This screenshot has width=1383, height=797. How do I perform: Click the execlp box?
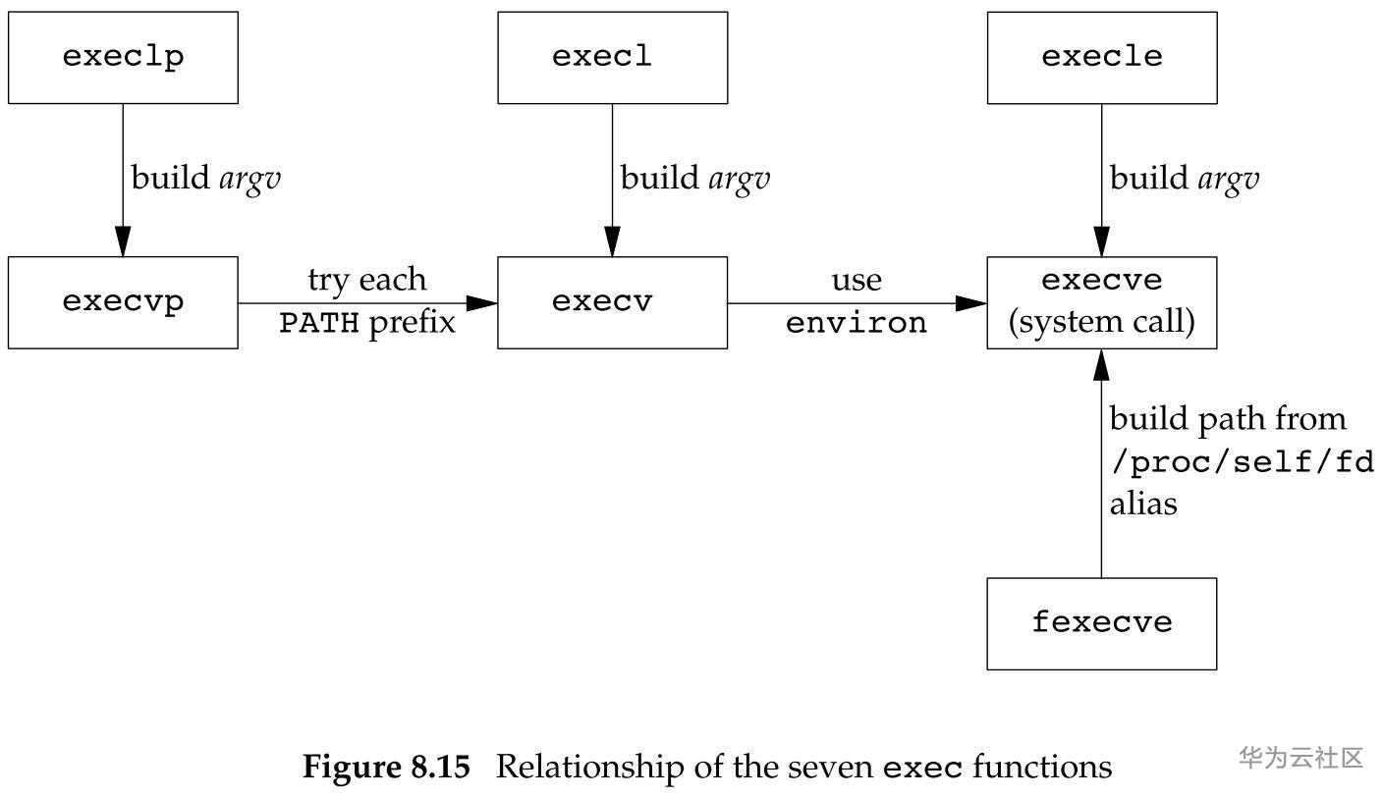123,57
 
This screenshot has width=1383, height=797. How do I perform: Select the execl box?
612,57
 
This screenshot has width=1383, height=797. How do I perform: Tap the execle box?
1101,57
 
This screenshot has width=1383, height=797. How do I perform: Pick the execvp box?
123,302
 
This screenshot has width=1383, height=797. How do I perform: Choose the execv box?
612,302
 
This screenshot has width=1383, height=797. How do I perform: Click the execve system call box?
1101,302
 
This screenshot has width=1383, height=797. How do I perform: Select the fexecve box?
1101,623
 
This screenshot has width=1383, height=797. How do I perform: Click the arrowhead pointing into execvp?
123,242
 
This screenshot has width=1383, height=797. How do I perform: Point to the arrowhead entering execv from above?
612,242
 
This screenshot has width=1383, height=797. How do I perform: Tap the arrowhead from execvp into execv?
482,303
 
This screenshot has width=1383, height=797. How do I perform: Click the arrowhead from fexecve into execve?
1101,364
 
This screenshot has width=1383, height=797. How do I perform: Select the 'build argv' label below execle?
1184,179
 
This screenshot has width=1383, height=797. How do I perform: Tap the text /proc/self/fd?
1242,461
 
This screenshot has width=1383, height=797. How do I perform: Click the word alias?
1142,504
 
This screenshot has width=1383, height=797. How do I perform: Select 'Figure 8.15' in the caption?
386,767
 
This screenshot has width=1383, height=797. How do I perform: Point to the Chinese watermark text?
1300,758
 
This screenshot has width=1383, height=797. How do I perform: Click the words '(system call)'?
1101,323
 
